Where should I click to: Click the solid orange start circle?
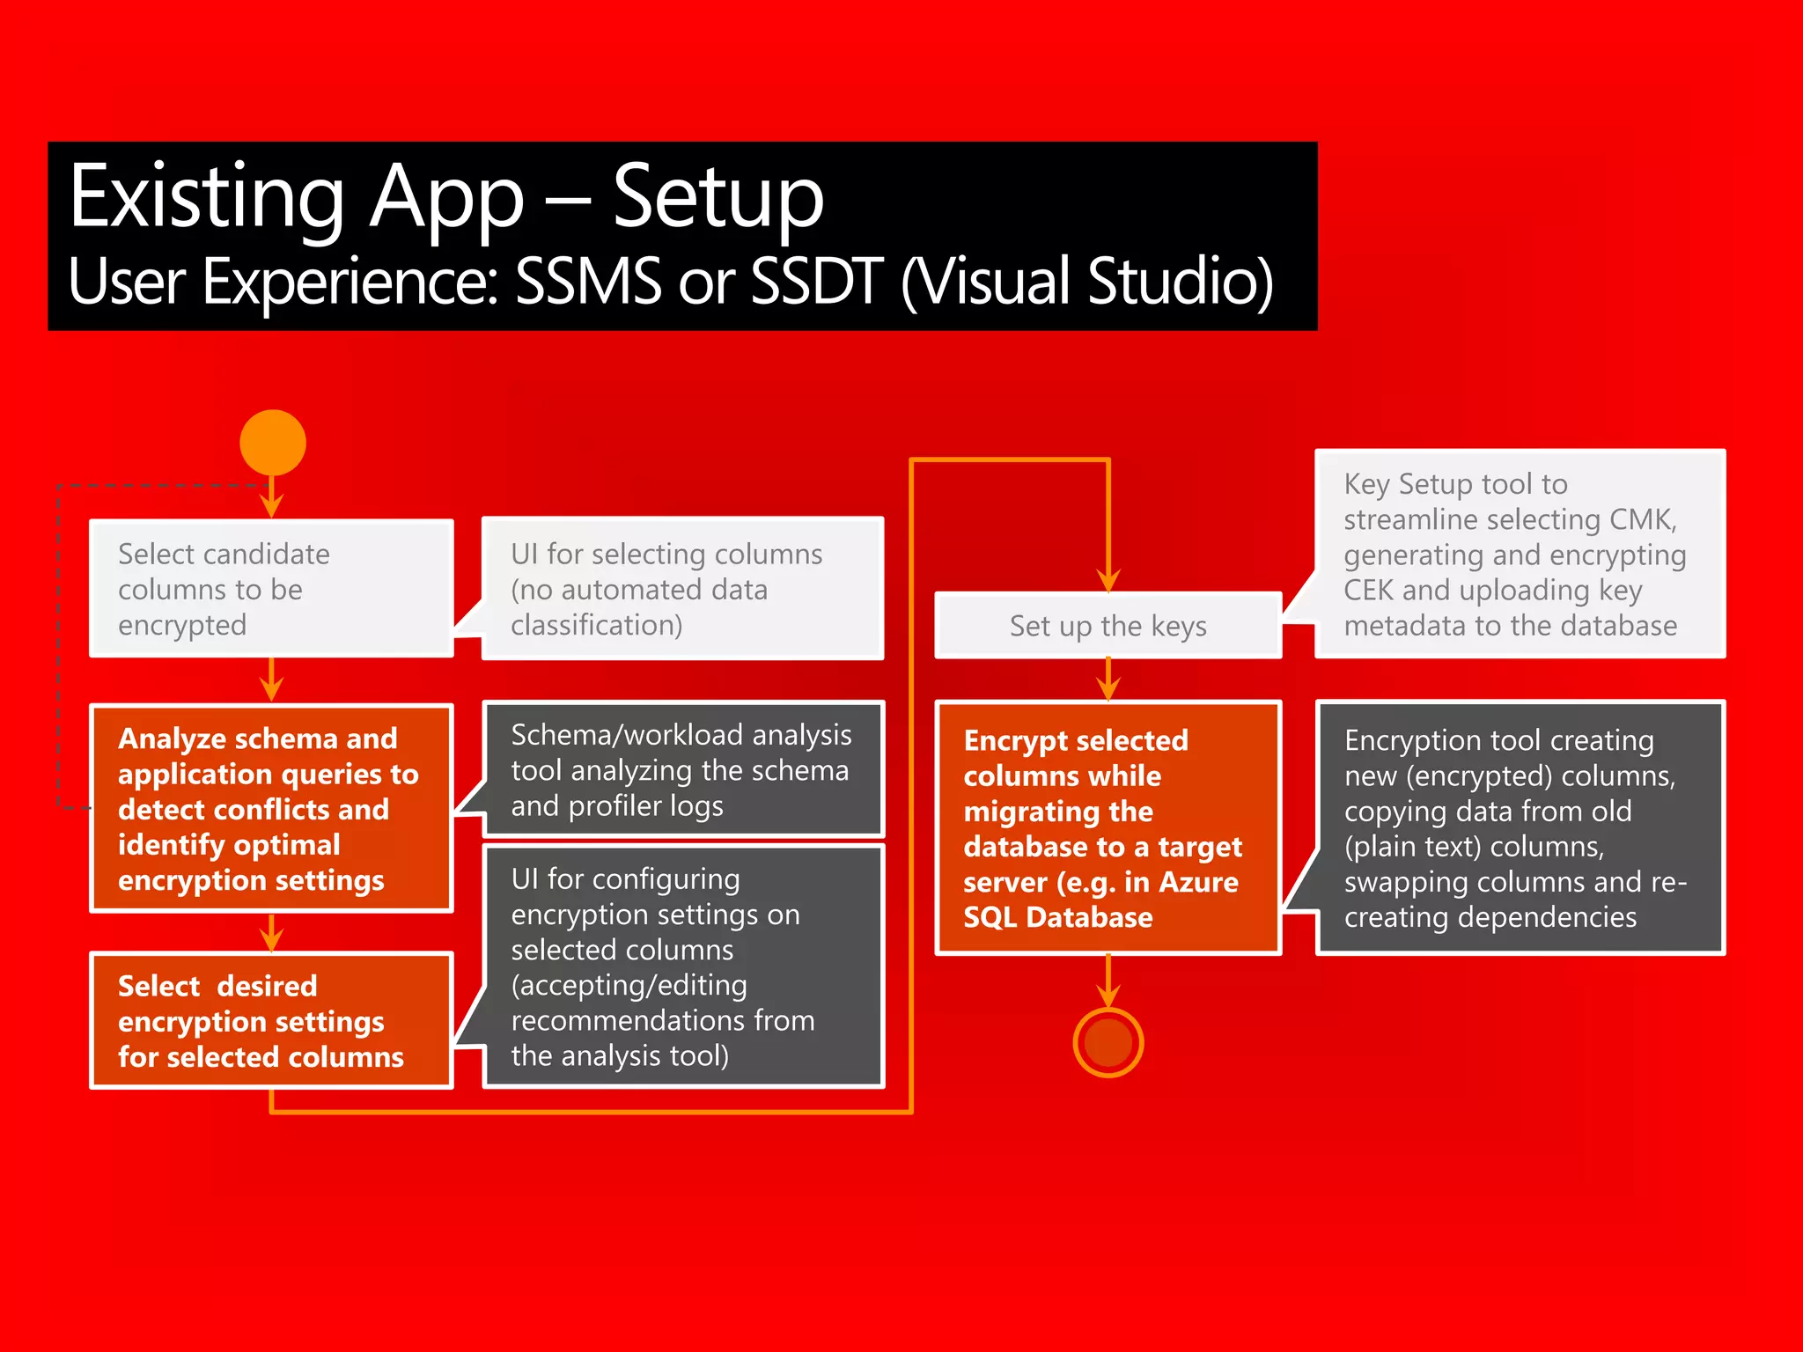pyautogui.click(x=273, y=443)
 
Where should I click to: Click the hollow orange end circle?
pyautogui.click(x=1108, y=1043)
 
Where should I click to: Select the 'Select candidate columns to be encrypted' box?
pyautogui.click(x=271, y=589)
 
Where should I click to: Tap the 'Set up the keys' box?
pyautogui.click(x=1108, y=626)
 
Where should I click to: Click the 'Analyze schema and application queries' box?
pyautogui.click(x=271, y=808)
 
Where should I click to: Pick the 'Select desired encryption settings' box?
pyautogui.click(x=271, y=1020)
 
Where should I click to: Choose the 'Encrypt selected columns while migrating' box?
pyautogui.click(x=1108, y=828)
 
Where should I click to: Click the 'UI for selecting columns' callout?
pyautogui.click(x=683, y=589)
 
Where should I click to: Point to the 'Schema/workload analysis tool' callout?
pyautogui.click(x=683, y=769)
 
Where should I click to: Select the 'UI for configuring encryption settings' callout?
pyautogui.click(x=683, y=966)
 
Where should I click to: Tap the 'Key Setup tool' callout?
pyautogui.click(x=1520, y=554)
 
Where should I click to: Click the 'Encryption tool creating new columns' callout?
pyautogui.click(x=1520, y=828)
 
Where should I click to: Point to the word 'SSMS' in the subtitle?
pyautogui.click(x=588, y=282)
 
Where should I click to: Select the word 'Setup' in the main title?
pyautogui.click(x=718, y=198)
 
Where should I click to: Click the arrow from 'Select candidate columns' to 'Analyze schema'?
pyautogui.click(x=272, y=680)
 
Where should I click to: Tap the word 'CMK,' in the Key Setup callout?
pyautogui.click(x=1643, y=519)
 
